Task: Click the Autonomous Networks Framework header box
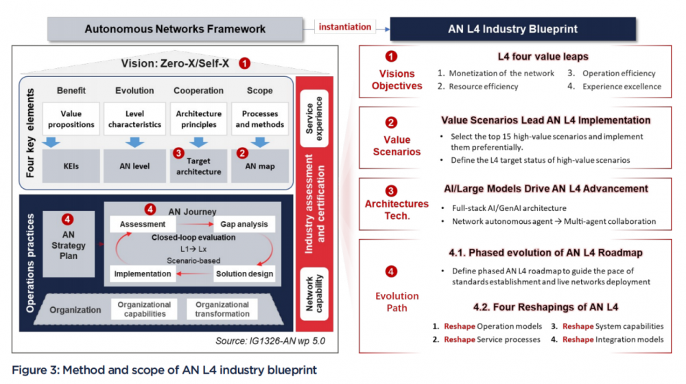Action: coord(175,29)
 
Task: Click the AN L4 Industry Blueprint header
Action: coord(512,29)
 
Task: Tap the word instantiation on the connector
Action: coord(346,27)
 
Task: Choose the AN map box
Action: coord(260,166)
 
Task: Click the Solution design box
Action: coord(244,273)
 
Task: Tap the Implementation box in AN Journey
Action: coord(143,273)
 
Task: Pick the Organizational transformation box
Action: coord(222,309)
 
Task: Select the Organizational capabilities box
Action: coord(144,309)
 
